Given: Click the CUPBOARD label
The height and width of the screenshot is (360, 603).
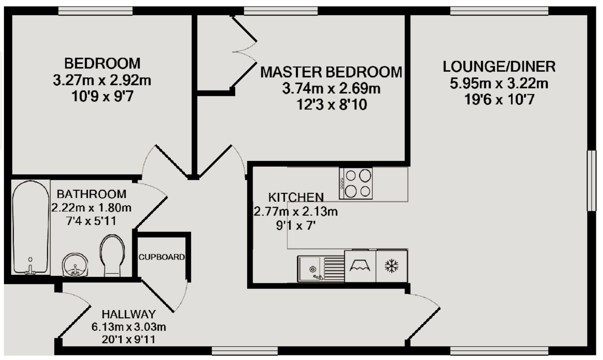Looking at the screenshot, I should click(161, 257).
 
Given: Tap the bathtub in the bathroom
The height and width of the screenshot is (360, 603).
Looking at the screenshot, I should click(30, 228).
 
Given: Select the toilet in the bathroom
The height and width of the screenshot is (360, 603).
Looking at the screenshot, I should click(112, 255).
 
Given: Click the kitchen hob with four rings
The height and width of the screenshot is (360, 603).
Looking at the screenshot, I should click(356, 184).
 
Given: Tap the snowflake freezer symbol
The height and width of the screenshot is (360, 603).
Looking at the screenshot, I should click(391, 266).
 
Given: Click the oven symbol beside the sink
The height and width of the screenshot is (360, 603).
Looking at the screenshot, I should click(360, 266).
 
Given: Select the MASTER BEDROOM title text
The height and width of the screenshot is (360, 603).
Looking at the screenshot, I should click(331, 72).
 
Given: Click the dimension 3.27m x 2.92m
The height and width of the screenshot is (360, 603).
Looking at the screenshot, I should click(102, 81).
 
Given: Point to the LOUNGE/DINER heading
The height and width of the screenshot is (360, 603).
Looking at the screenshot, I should click(499, 67).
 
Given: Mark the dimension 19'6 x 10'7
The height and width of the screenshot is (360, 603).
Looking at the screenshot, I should click(499, 99).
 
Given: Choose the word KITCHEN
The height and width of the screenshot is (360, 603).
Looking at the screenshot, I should click(296, 197).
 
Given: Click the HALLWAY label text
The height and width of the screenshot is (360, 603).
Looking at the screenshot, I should click(129, 314).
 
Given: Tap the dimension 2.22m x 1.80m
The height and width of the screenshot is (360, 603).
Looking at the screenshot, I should click(91, 208).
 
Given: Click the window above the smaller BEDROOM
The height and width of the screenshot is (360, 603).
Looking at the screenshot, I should click(95, 11).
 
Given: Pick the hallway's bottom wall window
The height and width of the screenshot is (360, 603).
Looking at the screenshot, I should click(245, 351).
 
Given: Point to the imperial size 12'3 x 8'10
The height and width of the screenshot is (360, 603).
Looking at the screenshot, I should click(332, 105).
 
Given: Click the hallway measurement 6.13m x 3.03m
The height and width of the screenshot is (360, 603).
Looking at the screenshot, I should click(129, 327).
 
